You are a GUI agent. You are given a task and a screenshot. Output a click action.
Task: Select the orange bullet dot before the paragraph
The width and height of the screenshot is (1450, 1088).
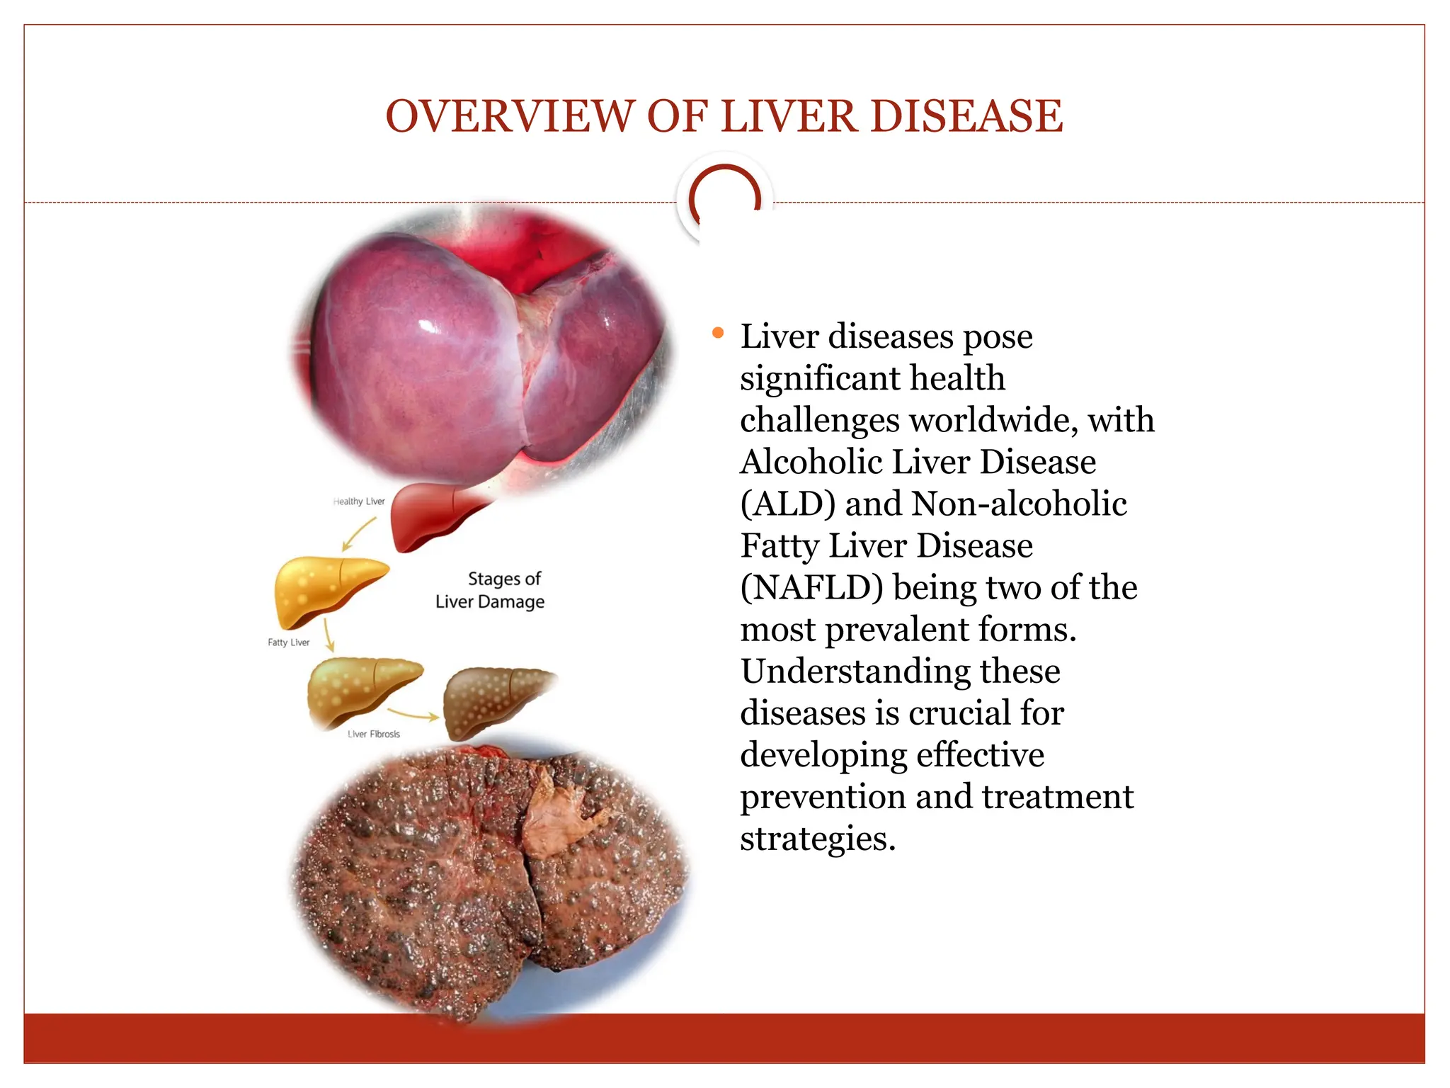click(718, 332)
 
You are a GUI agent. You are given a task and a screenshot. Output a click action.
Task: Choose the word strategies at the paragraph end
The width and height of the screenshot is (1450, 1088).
click(817, 839)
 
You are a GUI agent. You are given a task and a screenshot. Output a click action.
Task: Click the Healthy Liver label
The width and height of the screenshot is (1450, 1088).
click(359, 501)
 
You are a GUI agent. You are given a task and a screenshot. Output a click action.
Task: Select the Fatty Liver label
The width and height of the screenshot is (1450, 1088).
click(288, 642)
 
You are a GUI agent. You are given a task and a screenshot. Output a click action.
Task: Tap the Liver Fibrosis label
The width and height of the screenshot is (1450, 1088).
click(374, 734)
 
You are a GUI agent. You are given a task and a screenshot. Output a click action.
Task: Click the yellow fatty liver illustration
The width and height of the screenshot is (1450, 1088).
click(326, 589)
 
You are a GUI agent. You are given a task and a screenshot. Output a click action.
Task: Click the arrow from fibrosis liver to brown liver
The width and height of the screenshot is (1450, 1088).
click(414, 714)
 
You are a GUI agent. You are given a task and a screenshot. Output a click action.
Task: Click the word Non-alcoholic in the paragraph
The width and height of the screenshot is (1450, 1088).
click(1020, 504)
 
